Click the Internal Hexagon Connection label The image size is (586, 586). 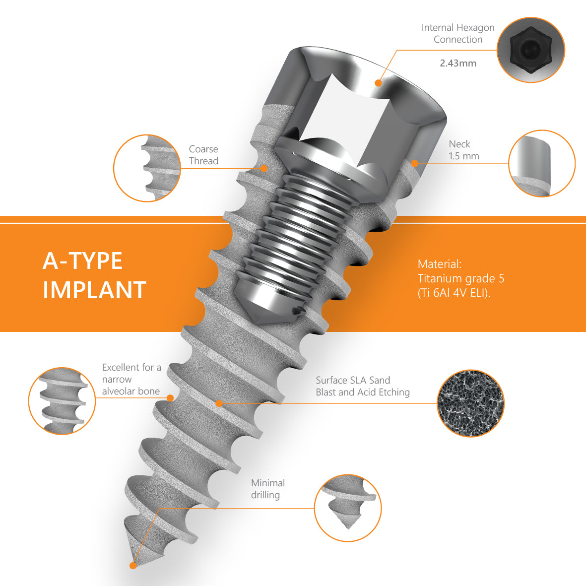[x=458, y=33]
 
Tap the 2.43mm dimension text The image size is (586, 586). [x=458, y=63]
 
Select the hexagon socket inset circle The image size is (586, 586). [x=531, y=50]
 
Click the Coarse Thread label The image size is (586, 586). [x=203, y=155]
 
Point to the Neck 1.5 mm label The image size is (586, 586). [x=464, y=150]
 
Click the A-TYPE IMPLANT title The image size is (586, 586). [x=94, y=275]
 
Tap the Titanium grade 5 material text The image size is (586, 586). [x=461, y=278]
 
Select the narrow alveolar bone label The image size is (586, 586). [x=131, y=379]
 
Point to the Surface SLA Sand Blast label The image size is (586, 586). [x=363, y=386]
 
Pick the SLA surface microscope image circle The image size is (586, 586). [x=470, y=403]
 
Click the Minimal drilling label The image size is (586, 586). [x=267, y=489]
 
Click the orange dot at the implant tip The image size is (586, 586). [x=133, y=566]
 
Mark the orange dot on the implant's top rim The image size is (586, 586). [x=378, y=83]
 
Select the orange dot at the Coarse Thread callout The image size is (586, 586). [x=264, y=168]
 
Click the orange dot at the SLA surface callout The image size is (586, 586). [x=219, y=403]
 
